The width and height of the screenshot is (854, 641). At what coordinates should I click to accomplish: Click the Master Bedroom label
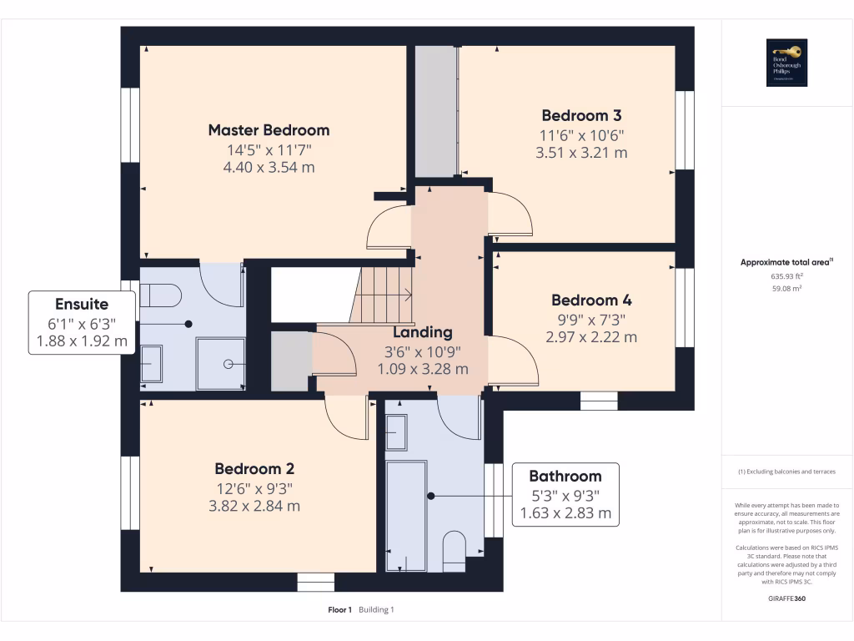269,130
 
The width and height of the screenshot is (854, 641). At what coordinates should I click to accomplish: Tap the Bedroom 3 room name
581,116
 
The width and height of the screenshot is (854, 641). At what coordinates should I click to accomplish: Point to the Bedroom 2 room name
254,469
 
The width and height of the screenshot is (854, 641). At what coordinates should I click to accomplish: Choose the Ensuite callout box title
82,304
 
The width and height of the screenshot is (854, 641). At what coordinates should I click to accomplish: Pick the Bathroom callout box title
565,477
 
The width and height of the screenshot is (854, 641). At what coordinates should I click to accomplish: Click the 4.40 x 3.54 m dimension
269,168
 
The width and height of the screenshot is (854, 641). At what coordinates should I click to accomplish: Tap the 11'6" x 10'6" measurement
581,135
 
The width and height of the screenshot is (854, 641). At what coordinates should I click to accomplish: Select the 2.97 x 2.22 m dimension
591,337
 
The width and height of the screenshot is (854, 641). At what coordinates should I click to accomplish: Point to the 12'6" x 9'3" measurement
254,488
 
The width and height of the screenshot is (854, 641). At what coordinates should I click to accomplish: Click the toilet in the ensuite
160,295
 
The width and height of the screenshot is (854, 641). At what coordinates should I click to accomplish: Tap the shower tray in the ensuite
220,363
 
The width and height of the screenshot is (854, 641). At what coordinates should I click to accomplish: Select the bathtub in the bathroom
406,515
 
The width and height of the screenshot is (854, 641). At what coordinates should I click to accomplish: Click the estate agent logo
785,63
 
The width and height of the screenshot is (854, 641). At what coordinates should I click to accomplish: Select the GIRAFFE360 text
785,598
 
